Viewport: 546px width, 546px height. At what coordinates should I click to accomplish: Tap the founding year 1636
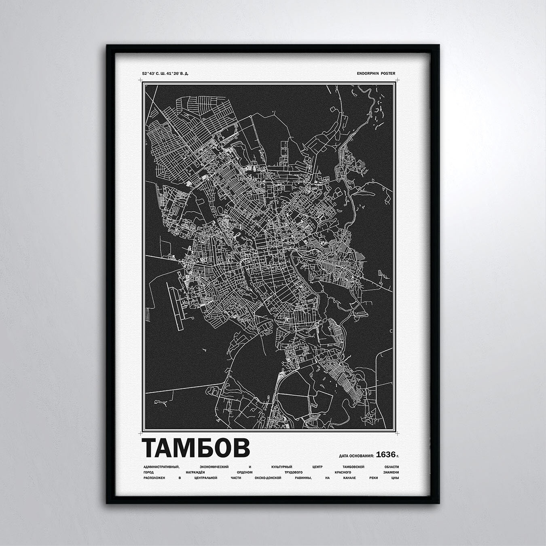(x=385, y=455)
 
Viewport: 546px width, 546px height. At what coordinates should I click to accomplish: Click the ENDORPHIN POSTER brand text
(x=376, y=74)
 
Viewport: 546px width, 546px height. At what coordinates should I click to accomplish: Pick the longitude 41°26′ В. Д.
(x=178, y=74)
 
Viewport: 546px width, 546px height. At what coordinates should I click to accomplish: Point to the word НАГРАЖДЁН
(x=197, y=472)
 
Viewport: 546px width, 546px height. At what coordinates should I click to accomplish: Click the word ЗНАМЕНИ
(x=390, y=472)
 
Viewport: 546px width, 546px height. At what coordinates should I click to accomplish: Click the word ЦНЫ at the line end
(x=396, y=478)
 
